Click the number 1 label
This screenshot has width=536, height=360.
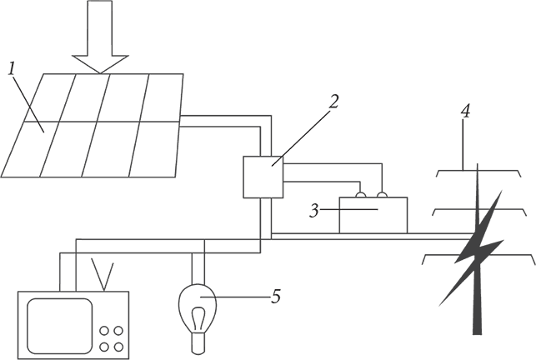[x=12, y=68]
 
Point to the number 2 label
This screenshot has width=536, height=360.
[x=333, y=102]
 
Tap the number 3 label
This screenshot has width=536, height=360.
[x=313, y=211]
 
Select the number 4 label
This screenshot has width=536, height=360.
[x=465, y=112]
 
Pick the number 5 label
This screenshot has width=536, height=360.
[x=276, y=296]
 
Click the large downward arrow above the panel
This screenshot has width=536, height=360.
[x=100, y=37]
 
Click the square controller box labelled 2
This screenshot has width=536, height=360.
[x=263, y=177]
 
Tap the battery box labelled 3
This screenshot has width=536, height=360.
[x=373, y=215]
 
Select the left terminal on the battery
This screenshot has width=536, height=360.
[x=361, y=194]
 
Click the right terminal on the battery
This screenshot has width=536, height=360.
[x=382, y=194]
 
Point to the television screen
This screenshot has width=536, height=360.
[x=60, y=326]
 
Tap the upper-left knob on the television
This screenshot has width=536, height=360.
[x=104, y=331]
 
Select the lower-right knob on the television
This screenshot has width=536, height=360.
[x=118, y=347]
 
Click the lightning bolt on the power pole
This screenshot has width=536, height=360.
[x=472, y=247]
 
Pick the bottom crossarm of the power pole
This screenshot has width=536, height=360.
[x=478, y=259]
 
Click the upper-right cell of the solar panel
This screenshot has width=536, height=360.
[x=163, y=97]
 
